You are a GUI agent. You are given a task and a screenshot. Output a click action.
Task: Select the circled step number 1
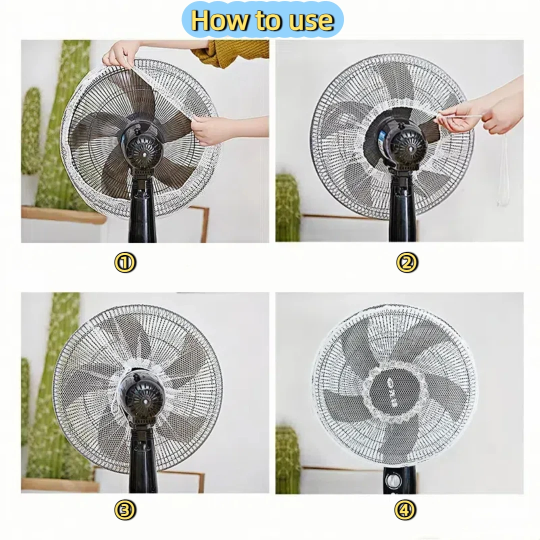pyautogui.click(x=125, y=262)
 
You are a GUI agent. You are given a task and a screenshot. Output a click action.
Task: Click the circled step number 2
pyautogui.click(x=406, y=262)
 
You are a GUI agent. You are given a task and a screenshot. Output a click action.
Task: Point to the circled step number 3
pyautogui.click(x=125, y=510)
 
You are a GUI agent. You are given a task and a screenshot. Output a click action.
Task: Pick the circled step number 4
pyautogui.click(x=406, y=510)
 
